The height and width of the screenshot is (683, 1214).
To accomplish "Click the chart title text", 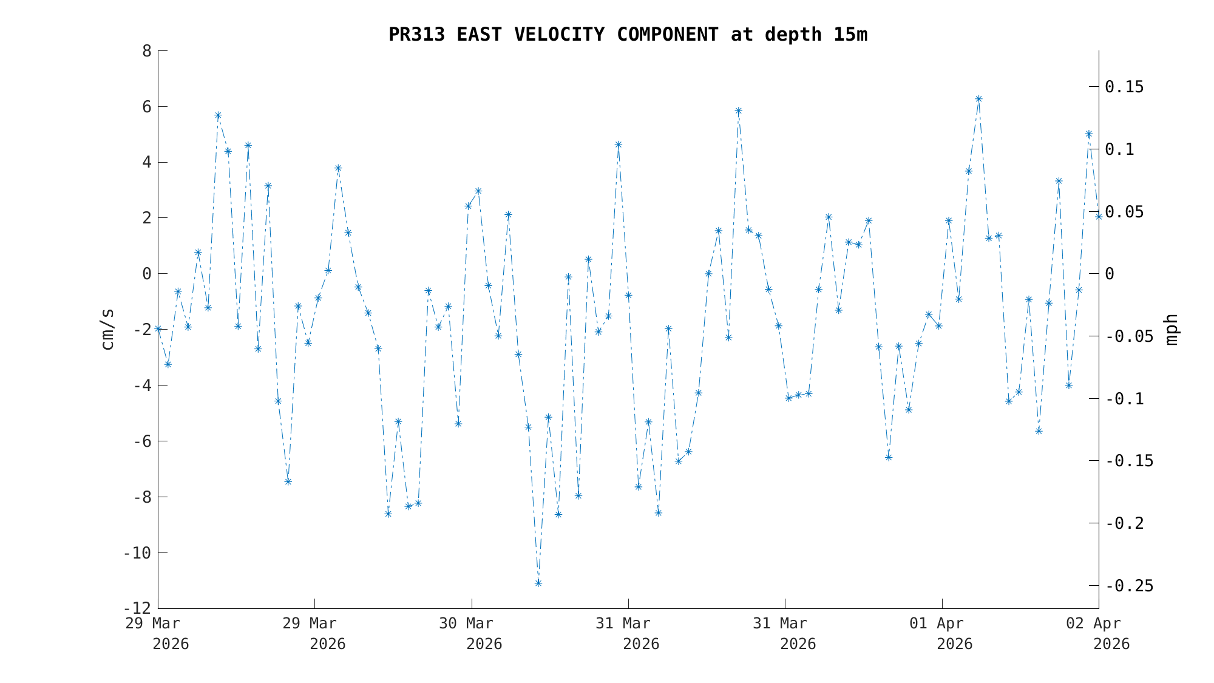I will [628, 35].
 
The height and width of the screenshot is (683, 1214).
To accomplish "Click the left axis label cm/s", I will [107, 330].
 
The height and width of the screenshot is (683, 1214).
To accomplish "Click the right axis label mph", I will [1172, 330].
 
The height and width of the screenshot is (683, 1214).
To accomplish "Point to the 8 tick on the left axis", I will [147, 50].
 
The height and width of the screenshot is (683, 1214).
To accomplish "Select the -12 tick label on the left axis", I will [137, 608].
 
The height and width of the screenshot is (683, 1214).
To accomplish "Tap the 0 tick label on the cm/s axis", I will [147, 274].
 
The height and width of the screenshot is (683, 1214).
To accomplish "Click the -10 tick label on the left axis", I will [137, 553].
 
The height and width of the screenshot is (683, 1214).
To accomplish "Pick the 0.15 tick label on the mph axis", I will [1124, 87].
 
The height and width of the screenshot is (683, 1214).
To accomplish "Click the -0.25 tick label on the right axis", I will [1129, 586].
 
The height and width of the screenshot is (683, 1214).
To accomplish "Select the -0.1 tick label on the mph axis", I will [1124, 399].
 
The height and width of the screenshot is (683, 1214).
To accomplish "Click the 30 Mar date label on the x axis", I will [466, 624].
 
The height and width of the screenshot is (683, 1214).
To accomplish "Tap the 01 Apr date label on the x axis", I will [937, 624].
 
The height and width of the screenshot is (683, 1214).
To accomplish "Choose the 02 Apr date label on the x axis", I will [1094, 624].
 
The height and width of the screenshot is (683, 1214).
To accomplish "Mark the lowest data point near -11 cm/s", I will [538, 583].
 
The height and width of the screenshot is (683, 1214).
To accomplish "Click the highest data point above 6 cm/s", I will [978, 99].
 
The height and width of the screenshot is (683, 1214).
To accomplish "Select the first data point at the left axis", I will [158, 328].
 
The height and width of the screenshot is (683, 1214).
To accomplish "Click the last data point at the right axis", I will [1098, 216].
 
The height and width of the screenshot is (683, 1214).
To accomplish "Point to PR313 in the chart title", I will [416, 35].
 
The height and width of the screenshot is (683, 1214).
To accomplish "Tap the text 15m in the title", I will [850, 35].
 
